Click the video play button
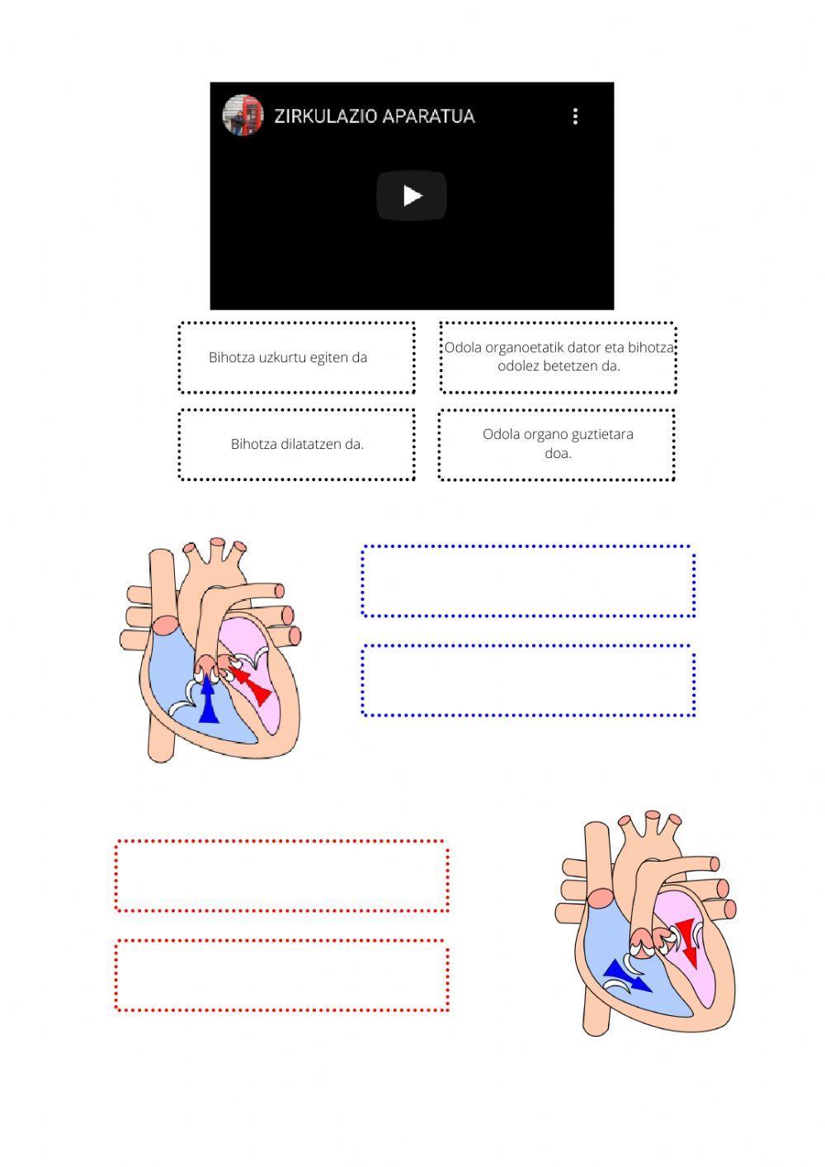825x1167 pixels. pos(412,196)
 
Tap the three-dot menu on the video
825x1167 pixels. pos(575,116)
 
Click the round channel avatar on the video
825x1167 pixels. pos(243,116)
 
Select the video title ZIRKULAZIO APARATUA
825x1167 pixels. pos(374,116)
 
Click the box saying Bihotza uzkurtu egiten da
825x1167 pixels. pos(296,357)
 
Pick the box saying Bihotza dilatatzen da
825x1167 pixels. pos(296,444)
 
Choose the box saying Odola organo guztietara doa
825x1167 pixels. pos(557,444)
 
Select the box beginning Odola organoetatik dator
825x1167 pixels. pos(558,357)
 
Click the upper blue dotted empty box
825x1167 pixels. pos(528,581)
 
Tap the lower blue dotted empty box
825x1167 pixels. pos(528,681)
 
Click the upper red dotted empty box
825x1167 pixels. pos(282,876)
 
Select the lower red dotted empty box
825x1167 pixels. pos(282,976)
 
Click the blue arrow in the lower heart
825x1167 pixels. pos(627,976)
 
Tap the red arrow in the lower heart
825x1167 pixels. pos(687,941)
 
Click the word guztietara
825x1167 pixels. pos(601,434)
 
